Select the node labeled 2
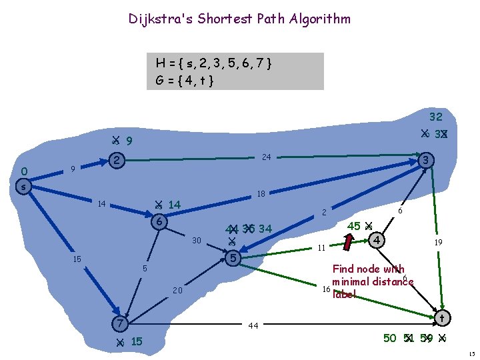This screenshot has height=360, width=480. coord(116,161)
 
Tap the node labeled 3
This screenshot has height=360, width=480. coord(427,161)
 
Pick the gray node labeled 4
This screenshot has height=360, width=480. coord(377,238)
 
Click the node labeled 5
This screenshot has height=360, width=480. coord(232,257)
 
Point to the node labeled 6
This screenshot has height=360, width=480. coord(159,222)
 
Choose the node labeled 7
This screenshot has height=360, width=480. coord(119,323)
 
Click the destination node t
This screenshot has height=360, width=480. coord(441,319)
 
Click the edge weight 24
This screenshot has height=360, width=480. coord(266,158)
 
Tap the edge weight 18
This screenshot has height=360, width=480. coord(261,194)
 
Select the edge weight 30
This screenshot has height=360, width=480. coord(196,241)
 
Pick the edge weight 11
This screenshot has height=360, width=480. coord(320,248)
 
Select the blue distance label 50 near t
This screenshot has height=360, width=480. coord(391,338)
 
